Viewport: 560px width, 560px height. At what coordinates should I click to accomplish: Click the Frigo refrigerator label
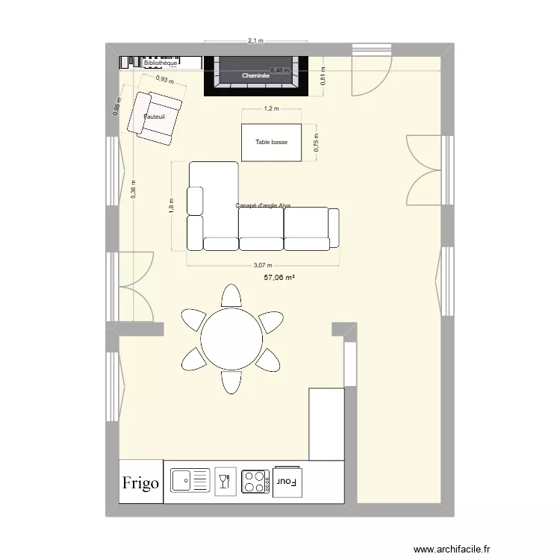[x=141, y=483]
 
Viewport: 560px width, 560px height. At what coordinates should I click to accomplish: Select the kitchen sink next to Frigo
[x=190, y=480]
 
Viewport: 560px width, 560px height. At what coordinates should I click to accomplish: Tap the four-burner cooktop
[x=255, y=481]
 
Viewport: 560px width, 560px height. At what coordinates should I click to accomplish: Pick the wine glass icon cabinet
[x=223, y=480]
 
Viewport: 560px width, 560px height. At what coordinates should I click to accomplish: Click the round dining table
[x=231, y=339]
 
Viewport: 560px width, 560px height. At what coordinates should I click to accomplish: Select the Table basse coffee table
[x=271, y=142]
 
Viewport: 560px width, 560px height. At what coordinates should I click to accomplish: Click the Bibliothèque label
[x=161, y=63]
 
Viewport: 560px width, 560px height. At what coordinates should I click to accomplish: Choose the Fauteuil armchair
[x=156, y=116]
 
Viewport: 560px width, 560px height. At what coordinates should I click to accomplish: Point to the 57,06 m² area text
[x=279, y=277]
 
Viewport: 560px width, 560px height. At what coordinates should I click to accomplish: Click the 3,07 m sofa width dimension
[x=263, y=264]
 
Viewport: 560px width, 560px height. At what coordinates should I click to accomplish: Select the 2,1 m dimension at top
[x=256, y=42]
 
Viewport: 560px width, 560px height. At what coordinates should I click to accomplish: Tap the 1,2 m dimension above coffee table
[x=271, y=109]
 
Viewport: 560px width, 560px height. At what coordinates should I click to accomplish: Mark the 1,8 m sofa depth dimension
[x=171, y=205]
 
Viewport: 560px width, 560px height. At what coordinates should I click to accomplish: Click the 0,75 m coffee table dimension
[x=317, y=143]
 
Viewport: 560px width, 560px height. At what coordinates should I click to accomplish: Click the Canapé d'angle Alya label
[x=263, y=205]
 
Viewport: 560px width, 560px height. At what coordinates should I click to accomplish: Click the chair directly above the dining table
[x=231, y=296]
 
